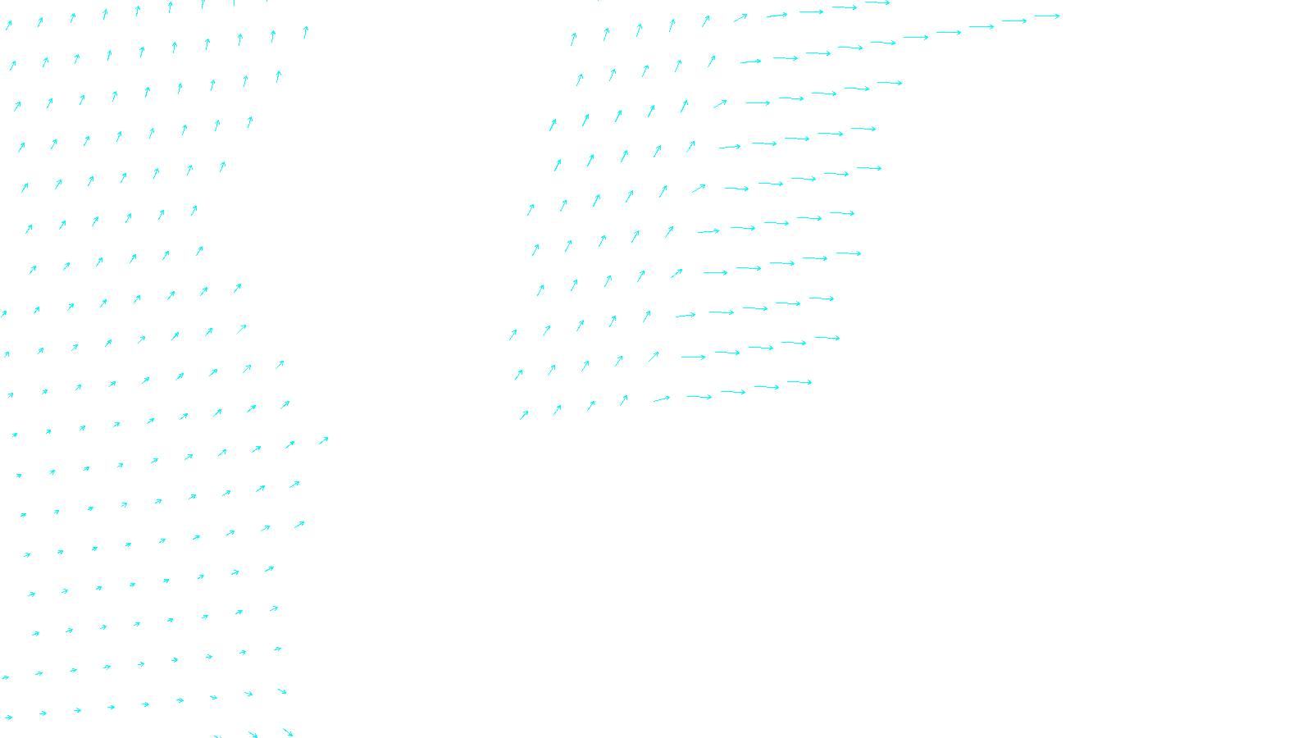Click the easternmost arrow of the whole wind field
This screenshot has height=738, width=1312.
[x=1047, y=16]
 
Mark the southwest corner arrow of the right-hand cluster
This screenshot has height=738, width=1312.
[x=524, y=415]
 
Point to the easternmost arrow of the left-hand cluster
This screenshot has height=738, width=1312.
[x=323, y=440]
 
